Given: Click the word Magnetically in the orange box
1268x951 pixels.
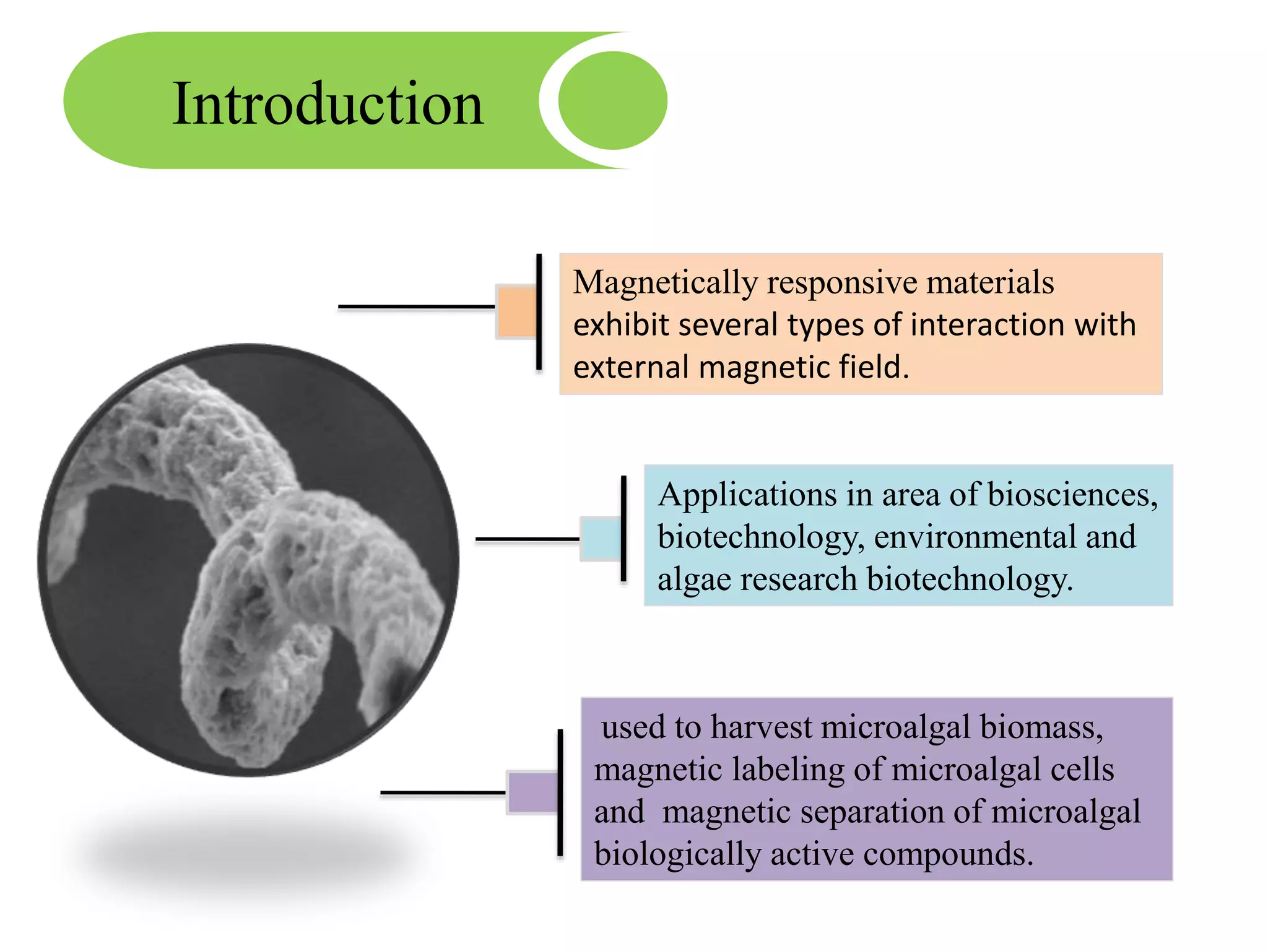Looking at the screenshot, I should click(x=665, y=283).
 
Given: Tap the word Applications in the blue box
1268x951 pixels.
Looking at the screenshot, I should click(x=747, y=495).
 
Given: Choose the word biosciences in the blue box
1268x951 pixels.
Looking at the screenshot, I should click(x=1072, y=495).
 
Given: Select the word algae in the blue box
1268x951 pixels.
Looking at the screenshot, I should click(x=693, y=580).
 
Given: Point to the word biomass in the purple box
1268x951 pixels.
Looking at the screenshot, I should click(x=1041, y=727).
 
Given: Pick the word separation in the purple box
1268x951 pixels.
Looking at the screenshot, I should click(x=872, y=812).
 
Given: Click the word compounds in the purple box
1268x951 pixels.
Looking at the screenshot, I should click(x=948, y=854).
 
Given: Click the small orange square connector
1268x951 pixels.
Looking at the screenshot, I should click(x=516, y=311).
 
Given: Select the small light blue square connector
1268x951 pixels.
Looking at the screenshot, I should click(x=601, y=539).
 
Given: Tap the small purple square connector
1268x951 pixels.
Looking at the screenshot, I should click(x=532, y=792).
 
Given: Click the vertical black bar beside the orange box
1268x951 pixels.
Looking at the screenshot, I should click(x=539, y=312).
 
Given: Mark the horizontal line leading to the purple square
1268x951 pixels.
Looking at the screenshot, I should click(x=443, y=792).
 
